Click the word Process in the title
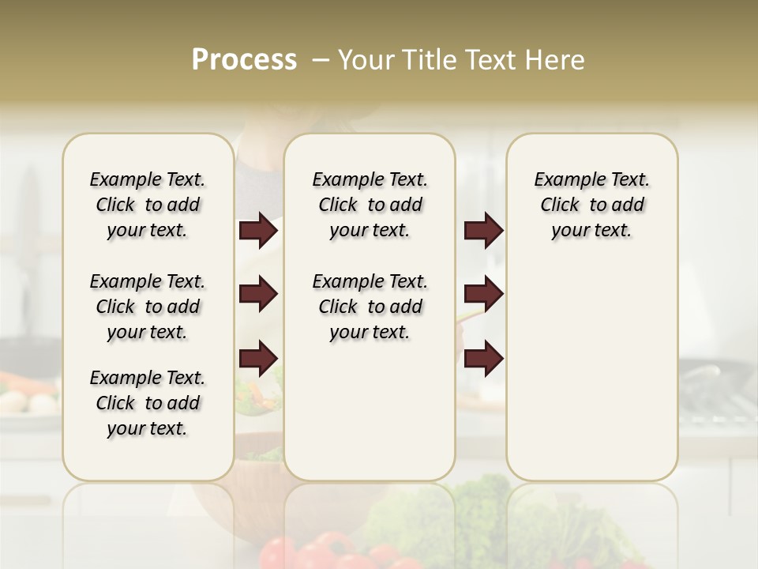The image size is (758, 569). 244,60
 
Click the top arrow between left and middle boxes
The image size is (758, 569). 258,231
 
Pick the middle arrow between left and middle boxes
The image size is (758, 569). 258,295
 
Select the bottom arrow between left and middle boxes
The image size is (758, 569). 258,358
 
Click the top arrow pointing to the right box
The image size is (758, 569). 483,231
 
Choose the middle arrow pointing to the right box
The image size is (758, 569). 483,295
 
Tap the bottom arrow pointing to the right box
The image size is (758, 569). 483,358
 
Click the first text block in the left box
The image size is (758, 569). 148,205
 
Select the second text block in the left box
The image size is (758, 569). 148,307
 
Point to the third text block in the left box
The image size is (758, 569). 148,403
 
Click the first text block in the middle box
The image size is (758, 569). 370,205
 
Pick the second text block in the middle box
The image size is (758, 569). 370,307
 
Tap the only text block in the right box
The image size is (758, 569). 591,205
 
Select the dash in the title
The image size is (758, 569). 320,60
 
